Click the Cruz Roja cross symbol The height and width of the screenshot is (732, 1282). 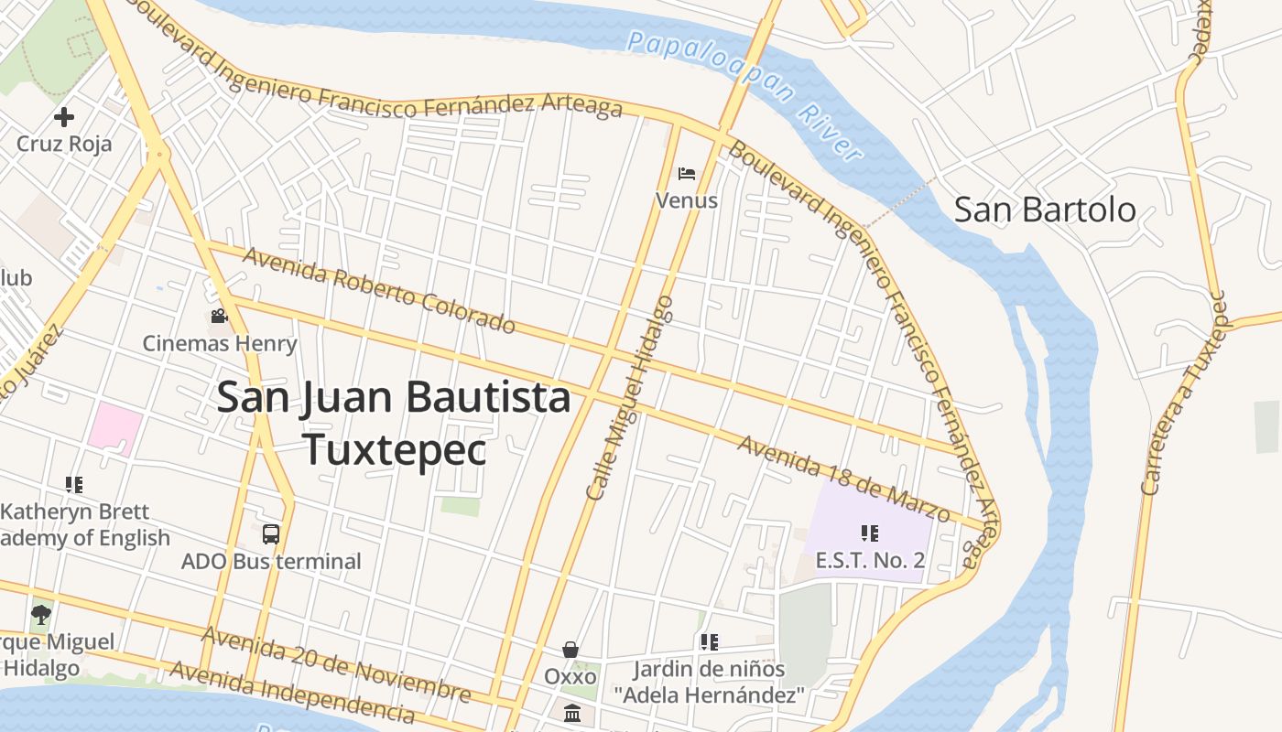coord(64,117)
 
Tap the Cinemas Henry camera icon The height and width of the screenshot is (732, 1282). coord(219,317)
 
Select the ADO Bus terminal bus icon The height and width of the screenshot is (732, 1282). coord(271,534)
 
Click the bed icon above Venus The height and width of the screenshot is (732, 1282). coord(687,173)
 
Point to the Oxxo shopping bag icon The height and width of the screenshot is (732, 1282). coord(570,650)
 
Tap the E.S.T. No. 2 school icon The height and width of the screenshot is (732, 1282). coord(870,533)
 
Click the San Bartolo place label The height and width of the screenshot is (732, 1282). coord(1045,210)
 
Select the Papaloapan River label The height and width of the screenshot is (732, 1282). coord(746,93)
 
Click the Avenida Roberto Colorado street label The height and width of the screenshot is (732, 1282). coord(379,290)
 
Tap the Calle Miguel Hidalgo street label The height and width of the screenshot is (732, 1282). coord(630,398)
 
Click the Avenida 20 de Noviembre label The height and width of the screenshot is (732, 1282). coord(336,665)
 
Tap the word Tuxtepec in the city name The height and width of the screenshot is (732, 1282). coord(394,448)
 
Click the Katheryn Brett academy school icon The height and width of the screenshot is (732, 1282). coord(74,485)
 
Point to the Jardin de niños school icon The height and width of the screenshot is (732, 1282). coord(709,642)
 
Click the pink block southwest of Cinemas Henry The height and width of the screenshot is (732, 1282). coord(115,428)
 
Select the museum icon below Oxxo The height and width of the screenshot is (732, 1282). coord(572,713)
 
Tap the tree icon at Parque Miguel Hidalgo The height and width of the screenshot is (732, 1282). coord(40,614)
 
